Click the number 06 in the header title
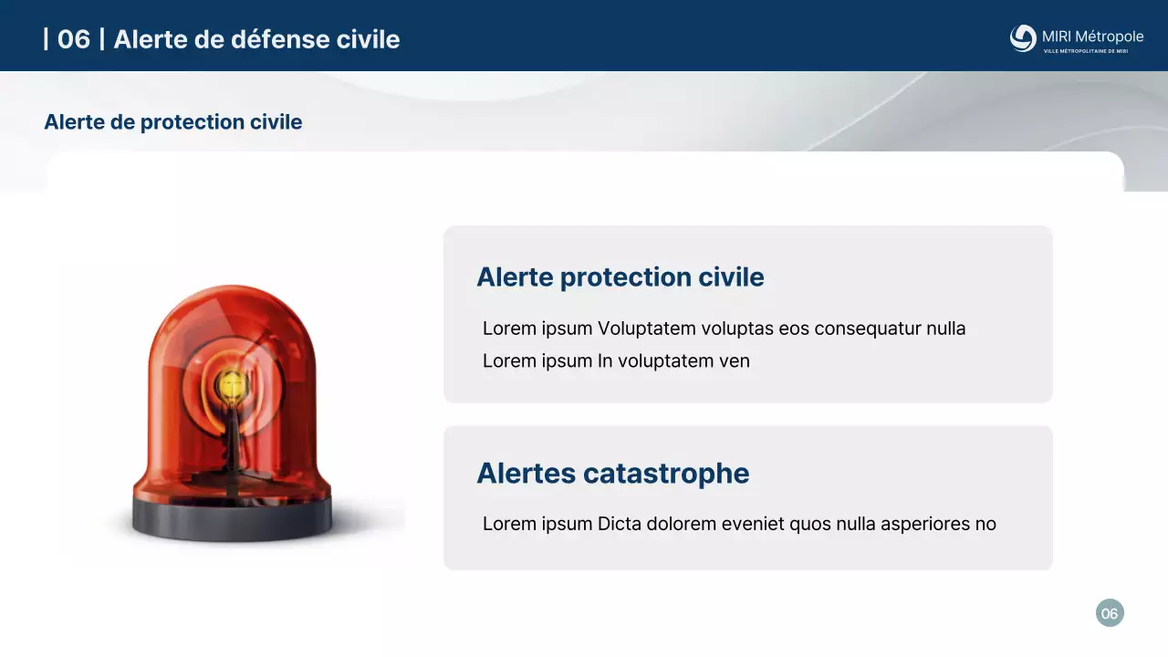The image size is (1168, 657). point(73,39)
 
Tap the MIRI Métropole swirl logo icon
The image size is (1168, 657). point(1023,38)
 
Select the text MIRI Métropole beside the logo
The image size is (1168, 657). point(1092,36)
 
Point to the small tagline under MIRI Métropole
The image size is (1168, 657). point(1086,51)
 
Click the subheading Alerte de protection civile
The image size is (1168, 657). point(172,122)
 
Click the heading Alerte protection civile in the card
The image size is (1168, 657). point(620,277)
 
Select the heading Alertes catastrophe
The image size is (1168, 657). point(612,474)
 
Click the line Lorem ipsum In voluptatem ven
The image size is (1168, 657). point(616,361)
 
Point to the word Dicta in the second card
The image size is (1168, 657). point(620,524)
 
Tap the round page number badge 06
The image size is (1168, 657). point(1110,613)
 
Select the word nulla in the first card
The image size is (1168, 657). point(945,328)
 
